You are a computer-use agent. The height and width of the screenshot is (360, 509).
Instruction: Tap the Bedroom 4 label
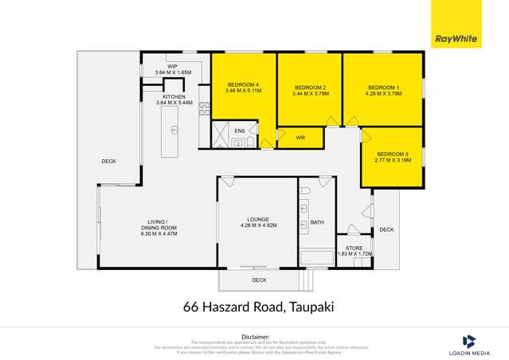pyautogui.click(x=243, y=88)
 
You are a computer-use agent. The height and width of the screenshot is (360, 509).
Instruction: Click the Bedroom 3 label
pyautogui.click(x=393, y=157)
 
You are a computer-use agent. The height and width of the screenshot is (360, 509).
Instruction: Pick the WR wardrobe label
pyautogui.click(x=300, y=138)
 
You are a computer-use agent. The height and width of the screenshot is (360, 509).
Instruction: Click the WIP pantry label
pyautogui.click(x=172, y=68)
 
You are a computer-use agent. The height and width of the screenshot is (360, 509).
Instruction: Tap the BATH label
pyautogui.click(x=317, y=222)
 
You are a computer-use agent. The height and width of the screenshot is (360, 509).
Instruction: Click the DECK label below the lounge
pyautogui.click(x=259, y=280)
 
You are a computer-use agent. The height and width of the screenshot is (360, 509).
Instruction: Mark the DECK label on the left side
pyautogui.click(x=109, y=161)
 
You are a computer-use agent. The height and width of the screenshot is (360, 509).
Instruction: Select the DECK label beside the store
pyautogui.click(x=386, y=229)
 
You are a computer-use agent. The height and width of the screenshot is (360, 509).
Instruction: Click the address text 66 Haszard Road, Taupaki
pyautogui.click(x=253, y=306)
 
